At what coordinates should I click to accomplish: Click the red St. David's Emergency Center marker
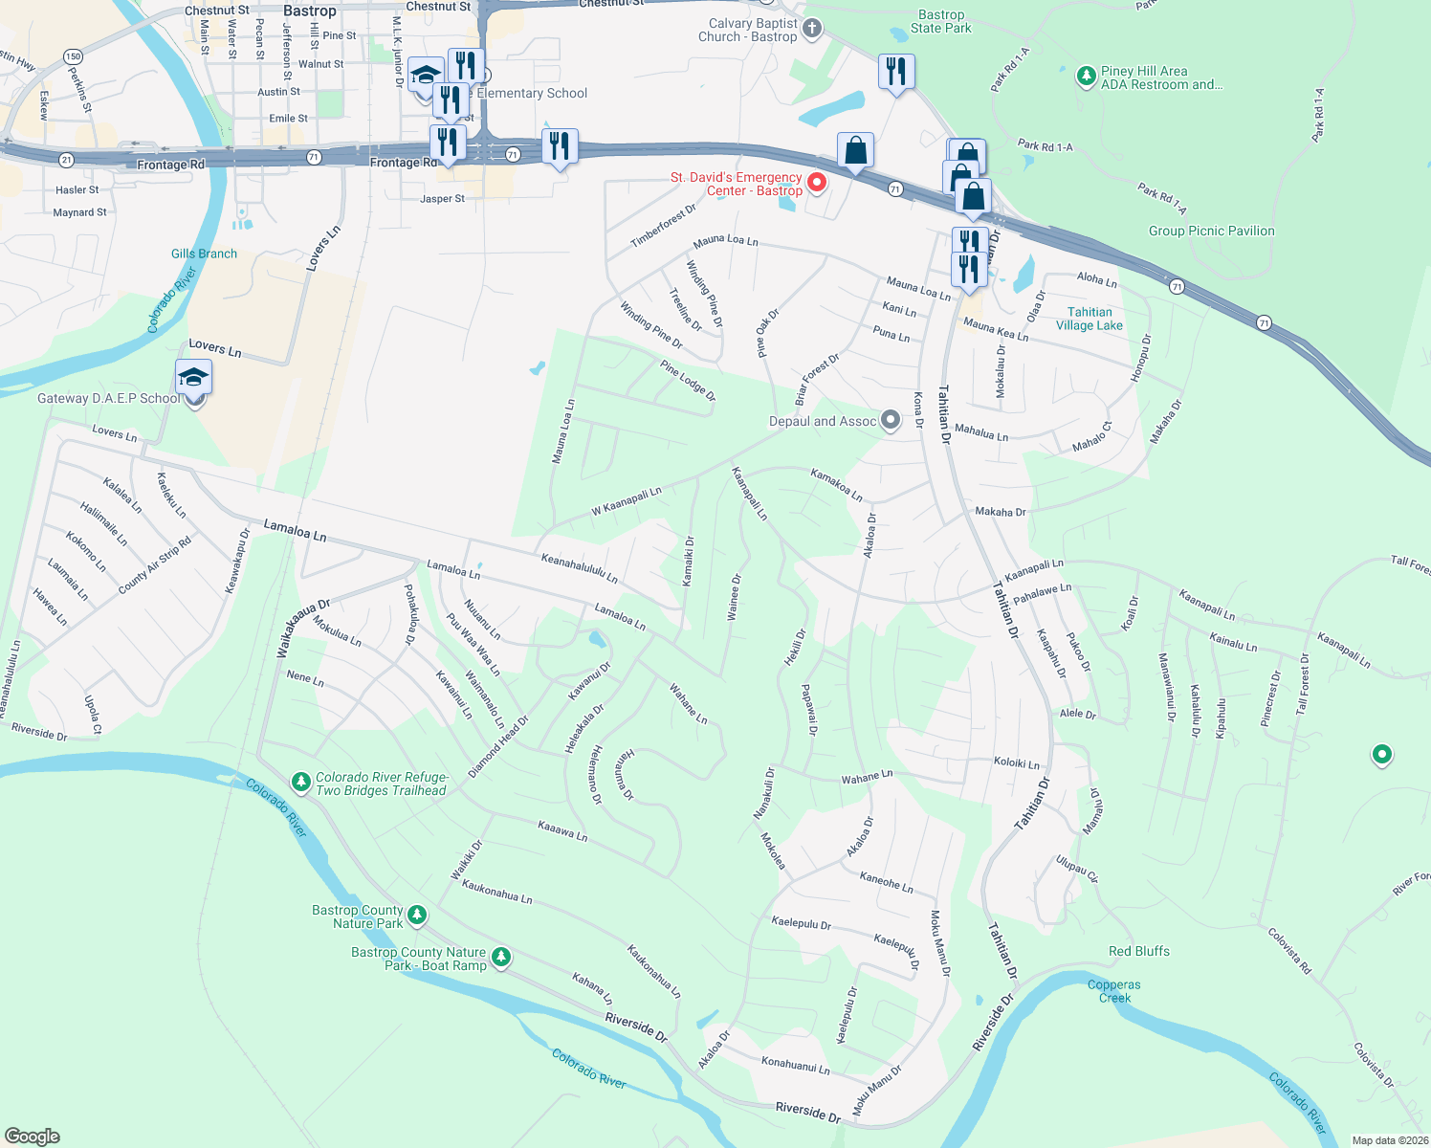click(x=817, y=182)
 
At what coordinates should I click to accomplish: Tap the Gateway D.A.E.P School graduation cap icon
click(x=193, y=377)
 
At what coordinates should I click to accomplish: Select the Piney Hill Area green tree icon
click(x=1086, y=77)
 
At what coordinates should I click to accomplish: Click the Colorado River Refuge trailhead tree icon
click(x=301, y=783)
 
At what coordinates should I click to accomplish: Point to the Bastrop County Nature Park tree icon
click(x=417, y=916)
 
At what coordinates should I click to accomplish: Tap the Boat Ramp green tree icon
click(x=500, y=957)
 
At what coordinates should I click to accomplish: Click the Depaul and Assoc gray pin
click(x=891, y=420)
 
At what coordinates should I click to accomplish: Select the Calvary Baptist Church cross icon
click(x=812, y=29)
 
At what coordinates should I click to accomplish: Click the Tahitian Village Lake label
click(x=1090, y=319)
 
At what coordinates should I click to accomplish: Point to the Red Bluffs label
click(x=1138, y=951)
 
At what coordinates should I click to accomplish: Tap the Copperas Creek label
click(x=1114, y=991)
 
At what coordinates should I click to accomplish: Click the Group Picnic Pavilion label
click(x=1211, y=231)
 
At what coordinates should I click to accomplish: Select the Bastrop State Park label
click(x=941, y=21)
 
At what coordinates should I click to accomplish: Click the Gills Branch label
click(x=204, y=254)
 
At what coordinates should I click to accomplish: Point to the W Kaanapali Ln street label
click(x=627, y=502)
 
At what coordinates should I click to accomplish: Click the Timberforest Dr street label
click(x=663, y=227)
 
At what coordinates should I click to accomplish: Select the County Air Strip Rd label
click(x=155, y=565)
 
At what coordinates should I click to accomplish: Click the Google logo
click(x=33, y=1137)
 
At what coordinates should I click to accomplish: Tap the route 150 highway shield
click(x=74, y=56)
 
